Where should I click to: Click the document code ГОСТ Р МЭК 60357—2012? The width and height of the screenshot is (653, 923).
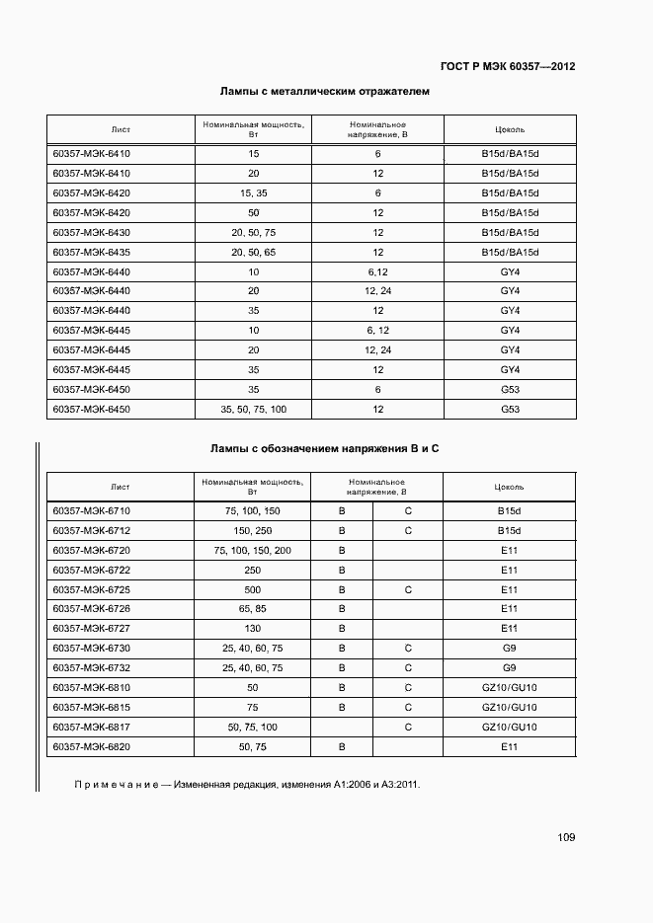click(508, 67)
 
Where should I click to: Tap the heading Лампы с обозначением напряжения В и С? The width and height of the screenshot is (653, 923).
click(324, 449)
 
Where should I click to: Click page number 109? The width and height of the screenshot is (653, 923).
click(565, 837)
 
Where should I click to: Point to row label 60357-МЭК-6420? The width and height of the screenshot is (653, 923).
click(91, 193)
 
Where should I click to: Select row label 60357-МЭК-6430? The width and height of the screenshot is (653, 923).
click(91, 233)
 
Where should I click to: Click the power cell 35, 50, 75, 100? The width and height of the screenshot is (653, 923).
click(254, 409)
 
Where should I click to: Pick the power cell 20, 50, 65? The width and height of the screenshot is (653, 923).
click(254, 253)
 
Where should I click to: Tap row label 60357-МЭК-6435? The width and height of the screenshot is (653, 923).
click(91, 253)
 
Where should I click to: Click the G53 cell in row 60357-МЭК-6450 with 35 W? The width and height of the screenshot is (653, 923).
click(510, 389)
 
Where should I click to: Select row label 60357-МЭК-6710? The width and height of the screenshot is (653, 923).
click(91, 510)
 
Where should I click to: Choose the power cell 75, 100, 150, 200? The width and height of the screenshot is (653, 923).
click(253, 550)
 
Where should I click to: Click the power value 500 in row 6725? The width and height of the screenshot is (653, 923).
click(253, 589)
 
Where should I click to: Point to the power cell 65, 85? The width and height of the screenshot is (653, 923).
click(253, 608)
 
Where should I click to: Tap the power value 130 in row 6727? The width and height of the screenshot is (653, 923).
click(253, 628)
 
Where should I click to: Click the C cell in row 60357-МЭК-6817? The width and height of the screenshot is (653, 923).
click(408, 727)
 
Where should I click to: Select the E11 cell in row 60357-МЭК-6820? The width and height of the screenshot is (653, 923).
click(510, 746)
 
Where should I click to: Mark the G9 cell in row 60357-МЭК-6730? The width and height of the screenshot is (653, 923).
click(510, 648)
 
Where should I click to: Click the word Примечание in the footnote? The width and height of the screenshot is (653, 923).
click(116, 786)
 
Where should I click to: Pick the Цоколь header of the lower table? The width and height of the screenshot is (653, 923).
click(510, 487)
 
